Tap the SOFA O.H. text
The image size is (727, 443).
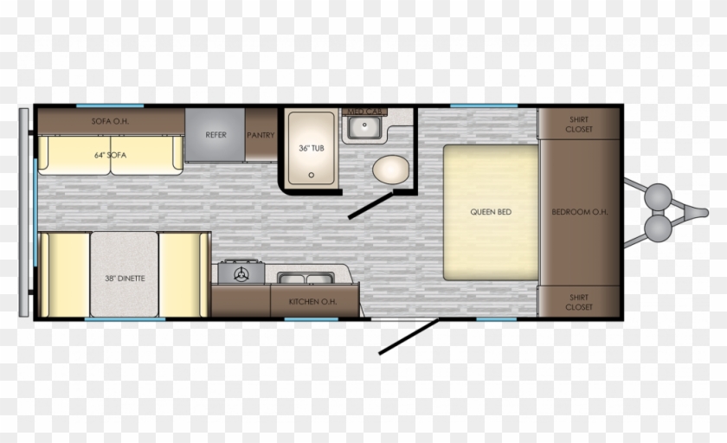tap(109, 122)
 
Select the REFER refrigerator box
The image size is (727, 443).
tap(215, 135)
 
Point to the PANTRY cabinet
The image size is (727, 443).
tap(260, 135)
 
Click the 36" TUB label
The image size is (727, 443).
tap(311, 148)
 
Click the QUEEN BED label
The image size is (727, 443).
tap(491, 212)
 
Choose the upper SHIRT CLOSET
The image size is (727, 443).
tap(579, 124)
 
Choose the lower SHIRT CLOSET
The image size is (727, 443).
tap(579, 302)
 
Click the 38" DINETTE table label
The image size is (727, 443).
tap(123, 278)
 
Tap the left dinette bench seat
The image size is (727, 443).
tap(62, 275)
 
